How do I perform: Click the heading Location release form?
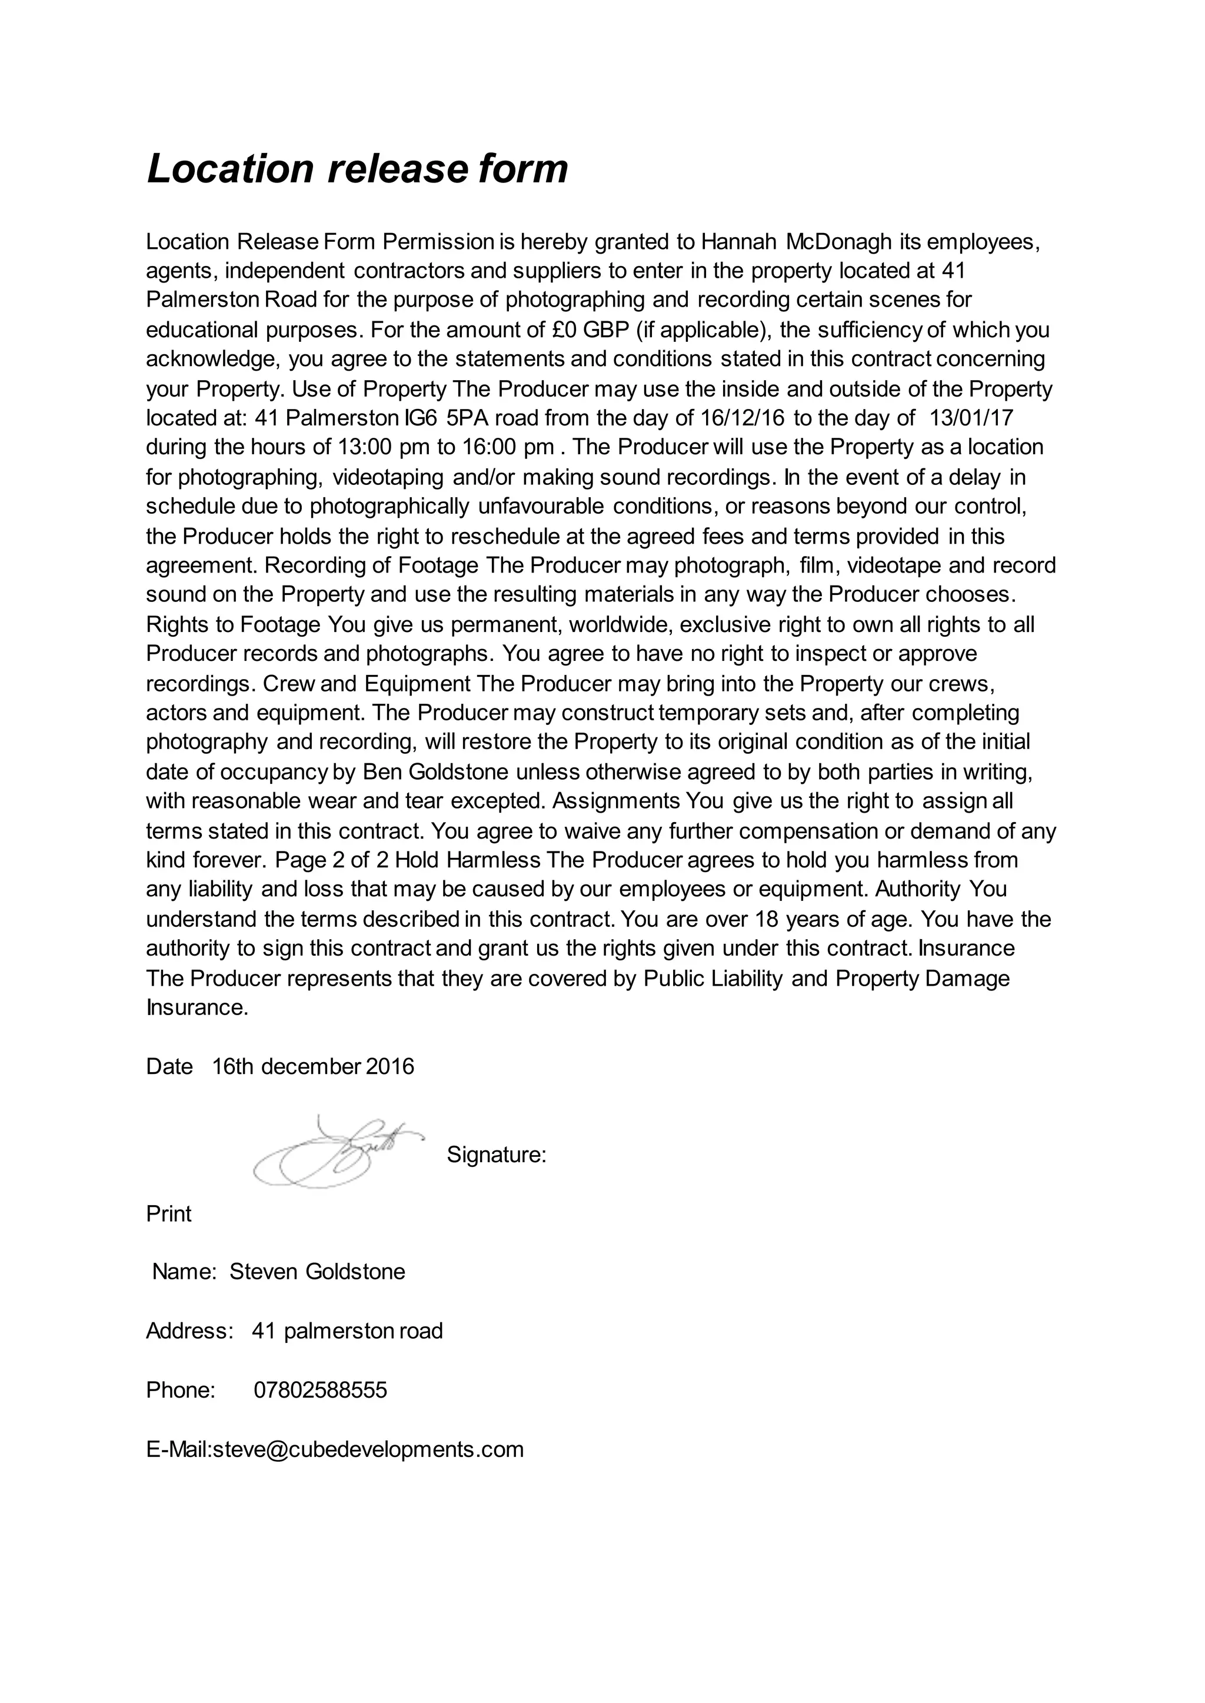point(357,169)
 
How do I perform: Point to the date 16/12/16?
point(742,418)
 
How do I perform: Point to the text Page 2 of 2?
point(331,860)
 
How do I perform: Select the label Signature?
point(497,1155)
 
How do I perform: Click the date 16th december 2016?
point(312,1066)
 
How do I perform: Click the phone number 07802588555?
point(320,1390)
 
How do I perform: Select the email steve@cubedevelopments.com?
point(368,1449)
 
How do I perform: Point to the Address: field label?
point(190,1331)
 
